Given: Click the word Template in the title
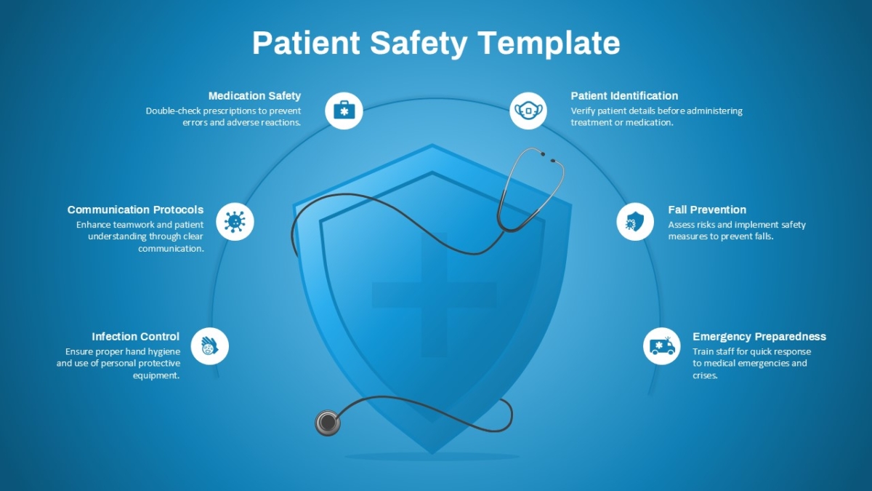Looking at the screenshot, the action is tap(549, 43).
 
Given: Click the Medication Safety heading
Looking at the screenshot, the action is tap(254, 96).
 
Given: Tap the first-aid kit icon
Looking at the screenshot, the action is tap(344, 111).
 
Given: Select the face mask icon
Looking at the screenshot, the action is tap(528, 111).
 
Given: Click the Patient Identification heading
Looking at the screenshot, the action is tap(624, 96).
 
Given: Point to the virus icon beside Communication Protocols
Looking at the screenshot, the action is tap(235, 222).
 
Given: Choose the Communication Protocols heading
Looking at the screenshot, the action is tap(135, 209).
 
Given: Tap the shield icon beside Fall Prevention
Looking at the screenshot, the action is tap(635, 222).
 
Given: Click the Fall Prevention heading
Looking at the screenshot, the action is tap(707, 209).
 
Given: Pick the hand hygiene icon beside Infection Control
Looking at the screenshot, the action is tap(209, 346).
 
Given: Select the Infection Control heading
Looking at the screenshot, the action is tap(135, 336).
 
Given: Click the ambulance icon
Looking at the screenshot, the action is tap(662, 346).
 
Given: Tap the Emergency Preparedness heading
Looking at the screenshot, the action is tap(759, 336).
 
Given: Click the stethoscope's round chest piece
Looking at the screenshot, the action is tap(328, 423).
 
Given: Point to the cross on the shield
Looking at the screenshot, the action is tap(434, 295).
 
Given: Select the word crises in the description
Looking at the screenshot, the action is tap(705, 375).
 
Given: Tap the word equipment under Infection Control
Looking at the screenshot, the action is tap(156, 375).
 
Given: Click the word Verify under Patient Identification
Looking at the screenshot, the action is tap(582, 111).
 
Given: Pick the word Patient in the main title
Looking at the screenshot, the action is tap(307, 42).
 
